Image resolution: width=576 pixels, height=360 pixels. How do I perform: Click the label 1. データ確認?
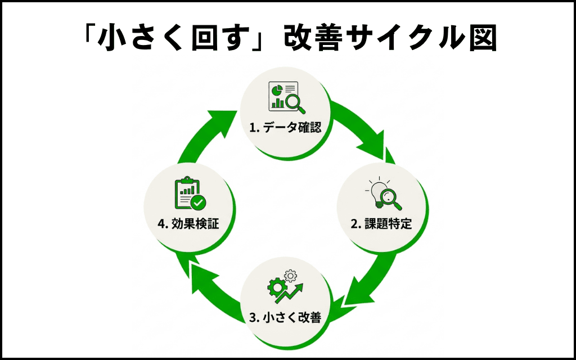click(285, 128)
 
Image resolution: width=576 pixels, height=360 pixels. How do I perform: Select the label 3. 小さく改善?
click(285, 317)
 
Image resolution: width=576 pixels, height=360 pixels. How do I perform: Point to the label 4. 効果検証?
click(188, 224)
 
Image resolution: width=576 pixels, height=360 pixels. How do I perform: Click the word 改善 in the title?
click(308, 38)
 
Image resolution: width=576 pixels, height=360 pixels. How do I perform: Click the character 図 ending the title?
click(481, 38)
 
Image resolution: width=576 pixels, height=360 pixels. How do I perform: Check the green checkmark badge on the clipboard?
click(199, 202)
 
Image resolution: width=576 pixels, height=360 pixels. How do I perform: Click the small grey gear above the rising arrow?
click(291, 276)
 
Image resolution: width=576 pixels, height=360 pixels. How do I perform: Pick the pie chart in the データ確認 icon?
click(276, 89)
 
